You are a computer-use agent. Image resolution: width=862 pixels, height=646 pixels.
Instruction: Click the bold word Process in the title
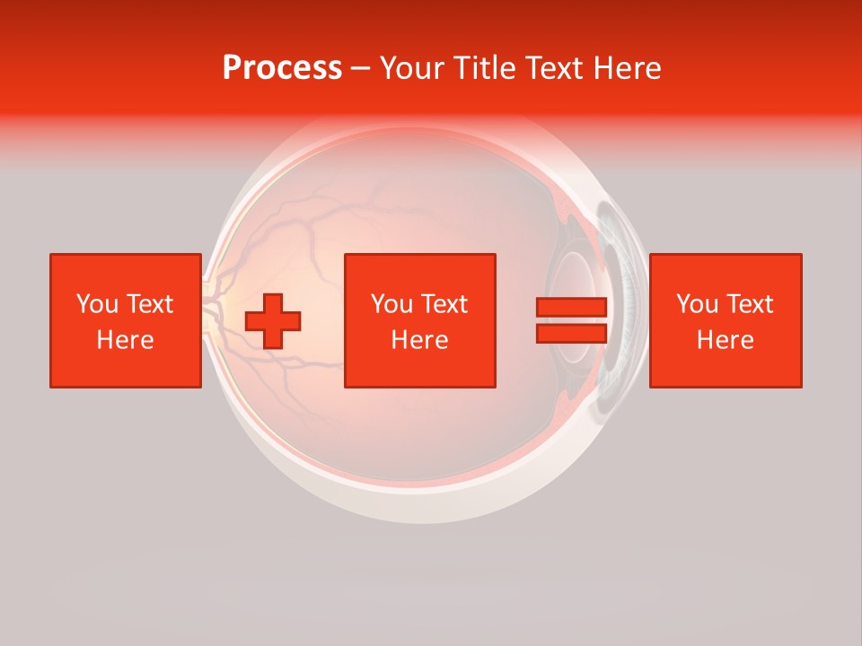(x=282, y=68)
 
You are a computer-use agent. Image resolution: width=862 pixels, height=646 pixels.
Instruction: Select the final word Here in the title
(x=626, y=68)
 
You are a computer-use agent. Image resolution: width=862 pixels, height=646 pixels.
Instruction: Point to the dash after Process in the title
(x=360, y=69)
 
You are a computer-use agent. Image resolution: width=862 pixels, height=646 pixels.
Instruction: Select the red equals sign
(x=572, y=320)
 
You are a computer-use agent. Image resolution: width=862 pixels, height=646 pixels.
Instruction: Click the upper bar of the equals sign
(x=572, y=308)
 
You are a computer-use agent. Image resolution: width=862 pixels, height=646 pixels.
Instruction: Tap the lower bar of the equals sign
(x=572, y=333)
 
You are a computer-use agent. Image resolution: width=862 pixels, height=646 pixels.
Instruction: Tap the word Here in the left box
(x=125, y=340)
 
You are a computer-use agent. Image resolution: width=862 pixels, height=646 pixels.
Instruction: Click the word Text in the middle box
(x=444, y=304)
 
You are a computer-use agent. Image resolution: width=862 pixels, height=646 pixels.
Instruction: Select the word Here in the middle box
(x=419, y=340)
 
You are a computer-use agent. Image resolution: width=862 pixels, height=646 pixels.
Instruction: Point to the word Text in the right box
(x=749, y=304)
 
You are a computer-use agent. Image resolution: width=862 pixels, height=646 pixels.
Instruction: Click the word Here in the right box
(x=725, y=340)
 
